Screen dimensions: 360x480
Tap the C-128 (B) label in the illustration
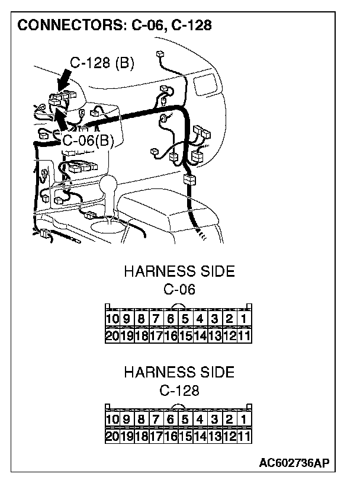(x=102, y=63)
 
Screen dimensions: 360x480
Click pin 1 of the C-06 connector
(x=245, y=319)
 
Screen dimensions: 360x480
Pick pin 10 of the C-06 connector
(x=112, y=319)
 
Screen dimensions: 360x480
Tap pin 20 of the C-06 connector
(x=112, y=335)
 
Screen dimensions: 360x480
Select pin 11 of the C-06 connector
(x=245, y=335)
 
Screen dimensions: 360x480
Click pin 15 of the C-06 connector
(x=185, y=335)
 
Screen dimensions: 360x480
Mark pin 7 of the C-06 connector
(x=156, y=319)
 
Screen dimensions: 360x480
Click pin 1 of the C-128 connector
(x=245, y=420)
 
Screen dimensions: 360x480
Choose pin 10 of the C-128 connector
(x=112, y=420)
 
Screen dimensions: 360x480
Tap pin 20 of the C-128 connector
(x=112, y=436)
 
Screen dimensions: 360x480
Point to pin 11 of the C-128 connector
(x=245, y=436)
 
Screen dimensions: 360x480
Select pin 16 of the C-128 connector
(x=171, y=436)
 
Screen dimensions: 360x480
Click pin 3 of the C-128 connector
(x=215, y=420)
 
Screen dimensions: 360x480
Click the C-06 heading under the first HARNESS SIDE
(x=179, y=290)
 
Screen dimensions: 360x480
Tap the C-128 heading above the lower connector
(x=179, y=391)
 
